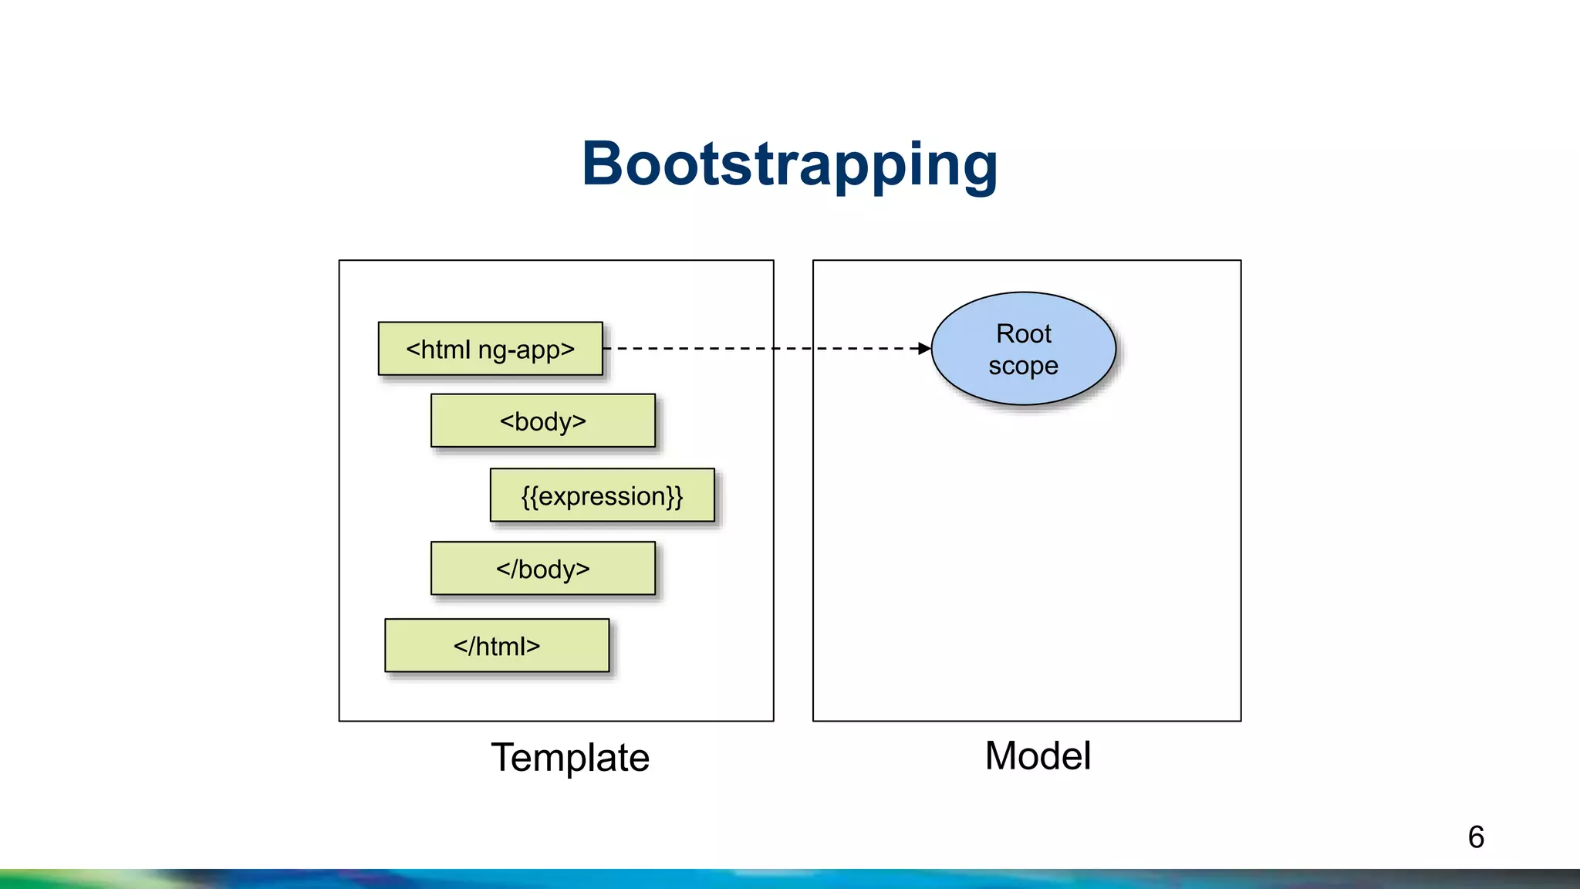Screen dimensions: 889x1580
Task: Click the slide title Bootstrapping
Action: click(x=789, y=164)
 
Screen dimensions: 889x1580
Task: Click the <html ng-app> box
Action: click(x=490, y=349)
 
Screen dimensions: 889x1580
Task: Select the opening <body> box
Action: click(x=542, y=421)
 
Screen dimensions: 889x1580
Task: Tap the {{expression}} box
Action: click(x=602, y=495)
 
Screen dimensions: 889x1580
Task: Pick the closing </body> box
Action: click(x=542, y=569)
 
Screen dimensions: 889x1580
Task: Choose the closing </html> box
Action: click(x=497, y=645)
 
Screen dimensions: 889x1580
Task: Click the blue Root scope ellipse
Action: click(x=1023, y=349)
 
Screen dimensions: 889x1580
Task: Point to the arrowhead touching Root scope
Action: click(x=925, y=349)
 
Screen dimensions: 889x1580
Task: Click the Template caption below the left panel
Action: click(x=570, y=757)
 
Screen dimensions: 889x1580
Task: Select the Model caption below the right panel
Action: click(x=1038, y=755)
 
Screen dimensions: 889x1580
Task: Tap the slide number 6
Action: click(x=1476, y=837)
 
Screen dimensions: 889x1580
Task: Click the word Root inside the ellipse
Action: click(x=1023, y=333)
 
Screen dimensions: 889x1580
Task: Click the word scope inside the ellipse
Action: click(x=1023, y=366)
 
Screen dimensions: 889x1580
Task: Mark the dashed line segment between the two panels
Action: click(x=793, y=349)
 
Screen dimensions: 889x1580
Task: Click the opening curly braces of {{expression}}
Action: click(x=529, y=496)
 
